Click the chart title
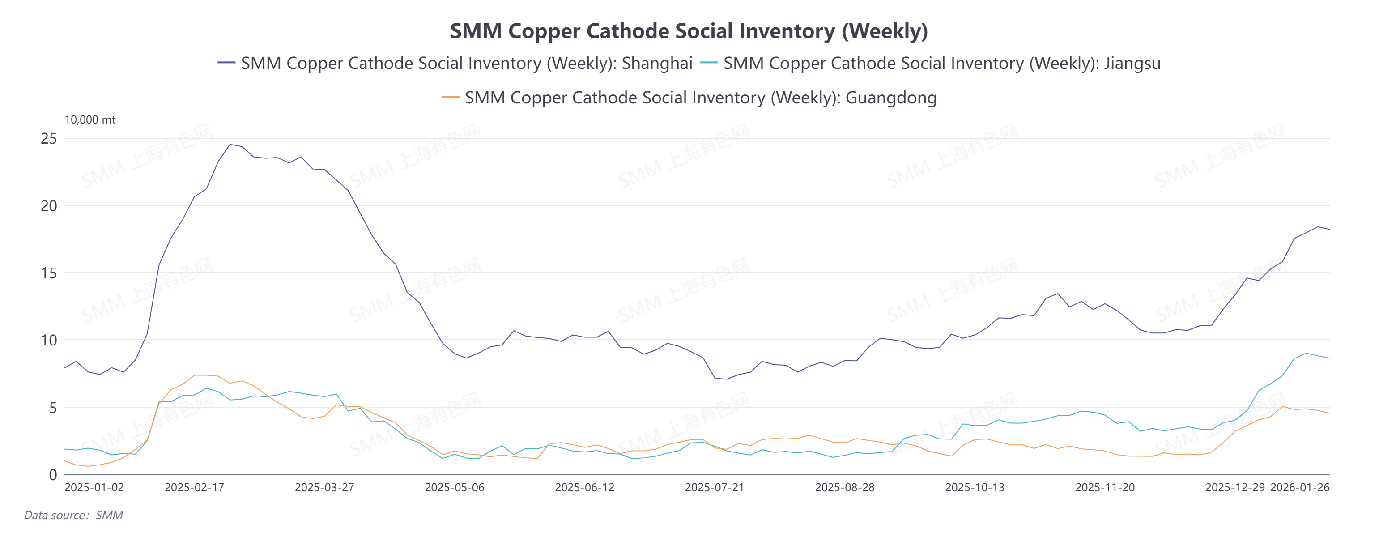pyautogui.click(x=689, y=31)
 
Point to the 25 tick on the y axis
pyautogui.click(x=49, y=139)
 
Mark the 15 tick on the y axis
pyautogui.click(x=49, y=273)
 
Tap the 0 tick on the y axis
pyautogui.click(x=52, y=475)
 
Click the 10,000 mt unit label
pyautogui.click(x=90, y=120)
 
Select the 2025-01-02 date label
pyautogui.click(x=94, y=488)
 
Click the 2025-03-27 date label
pyautogui.click(x=324, y=488)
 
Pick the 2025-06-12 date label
pyautogui.click(x=584, y=488)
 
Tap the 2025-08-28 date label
pyautogui.click(x=845, y=488)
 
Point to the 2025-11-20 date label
pyautogui.click(x=1105, y=488)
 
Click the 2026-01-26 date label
pyautogui.click(x=1300, y=488)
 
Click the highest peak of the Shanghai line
pyautogui.click(x=230, y=144)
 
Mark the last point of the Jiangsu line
pyautogui.click(x=1329, y=358)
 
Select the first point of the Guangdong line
pyautogui.click(x=65, y=461)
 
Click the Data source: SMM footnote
pyautogui.click(x=73, y=515)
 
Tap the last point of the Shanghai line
pyautogui.click(x=1329, y=229)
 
